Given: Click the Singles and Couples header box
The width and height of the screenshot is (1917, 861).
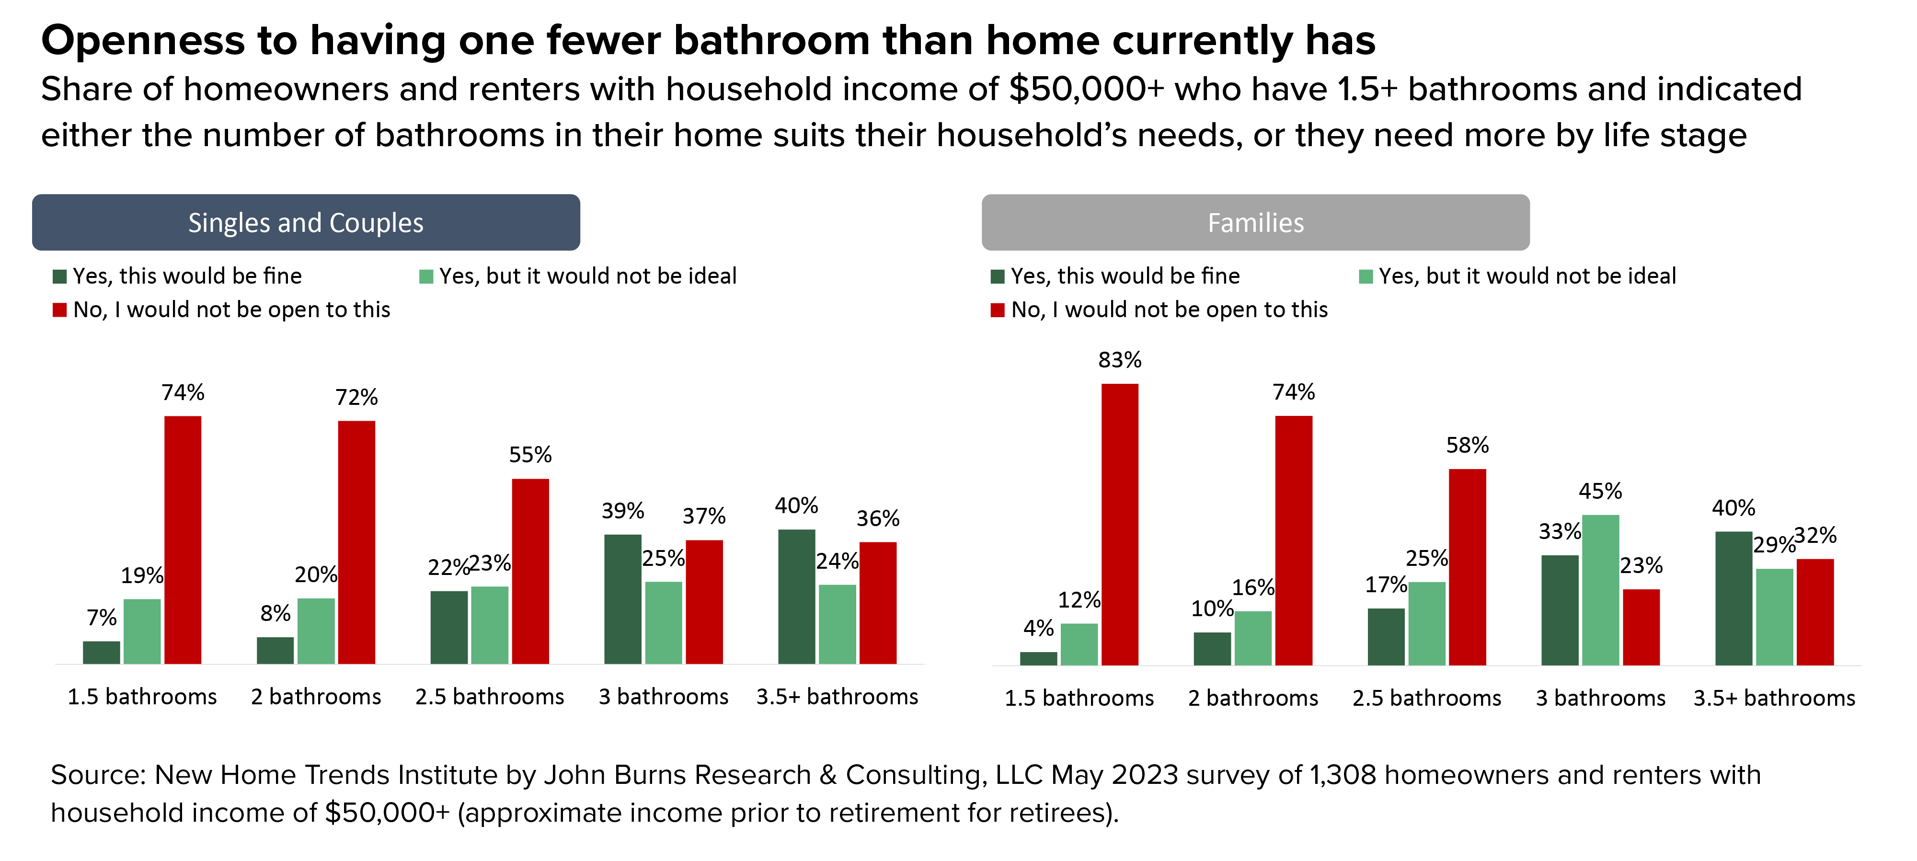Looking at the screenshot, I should pyautogui.click(x=306, y=222).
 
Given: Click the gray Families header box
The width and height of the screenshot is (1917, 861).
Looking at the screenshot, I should pyautogui.click(x=1255, y=222).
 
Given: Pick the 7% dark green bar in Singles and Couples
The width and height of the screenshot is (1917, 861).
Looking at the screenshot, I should pyautogui.click(x=101, y=652).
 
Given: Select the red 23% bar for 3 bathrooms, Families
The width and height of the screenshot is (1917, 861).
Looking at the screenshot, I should pyautogui.click(x=1641, y=627).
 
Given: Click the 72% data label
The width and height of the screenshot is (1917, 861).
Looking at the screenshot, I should pyautogui.click(x=356, y=397).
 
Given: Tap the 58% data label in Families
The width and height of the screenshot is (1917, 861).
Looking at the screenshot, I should pyautogui.click(x=1467, y=445).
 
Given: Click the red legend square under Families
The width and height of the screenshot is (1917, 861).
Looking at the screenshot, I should pyautogui.click(x=997, y=310).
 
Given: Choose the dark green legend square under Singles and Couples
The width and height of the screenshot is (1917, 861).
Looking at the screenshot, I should pyautogui.click(x=59, y=277).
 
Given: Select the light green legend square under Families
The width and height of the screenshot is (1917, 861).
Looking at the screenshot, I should pyautogui.click(x=1366, y=277).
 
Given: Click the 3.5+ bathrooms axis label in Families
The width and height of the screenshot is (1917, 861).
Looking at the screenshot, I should pyautogui.click(x=1774, y=698).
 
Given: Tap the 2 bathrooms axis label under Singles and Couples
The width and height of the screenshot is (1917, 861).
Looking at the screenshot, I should pyautogui.click(x=316, y=697).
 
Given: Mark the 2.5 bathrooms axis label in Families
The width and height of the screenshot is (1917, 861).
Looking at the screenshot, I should pyautogui.click(x=1426, y=698).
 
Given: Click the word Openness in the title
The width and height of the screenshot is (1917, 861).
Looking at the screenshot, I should pyautogui.click(x=142, y=40).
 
